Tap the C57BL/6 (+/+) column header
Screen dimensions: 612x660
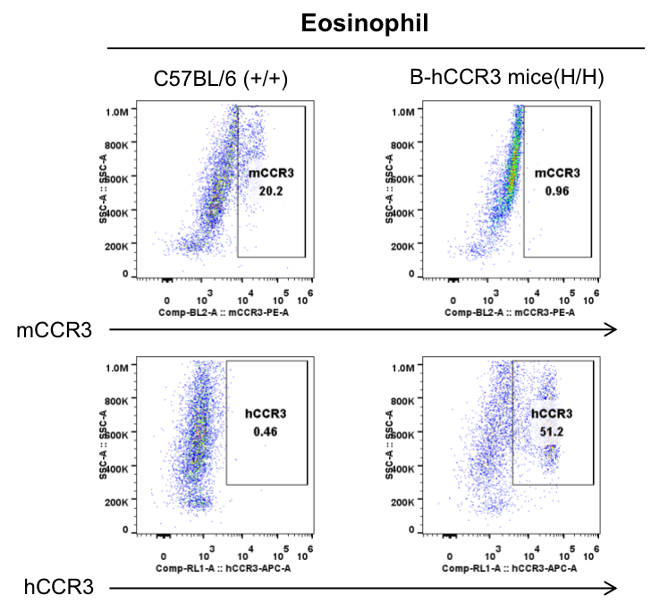pyautogui.click(x=220, y=79)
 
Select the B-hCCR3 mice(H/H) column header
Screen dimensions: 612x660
pyautogui.click(x=507, y=79)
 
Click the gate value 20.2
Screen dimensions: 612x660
pyautogui.click(x=271, y=191)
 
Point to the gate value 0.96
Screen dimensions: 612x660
pyautogui.click(x=557, y=191)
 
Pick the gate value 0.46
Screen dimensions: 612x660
pyautogui.click(x=266, y=431)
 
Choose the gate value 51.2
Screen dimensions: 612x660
pyautogui.click(x=552, y=431)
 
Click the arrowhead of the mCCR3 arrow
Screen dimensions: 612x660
pyautogui.click(x=613, y=330)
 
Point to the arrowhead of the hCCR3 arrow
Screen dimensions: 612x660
pyautogui.click(x=613, y=587)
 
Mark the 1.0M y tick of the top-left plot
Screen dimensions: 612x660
pyautogui.click(x=118, y=112)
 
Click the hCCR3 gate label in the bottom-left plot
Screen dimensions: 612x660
pyautogui.click(x=266, y=414)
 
